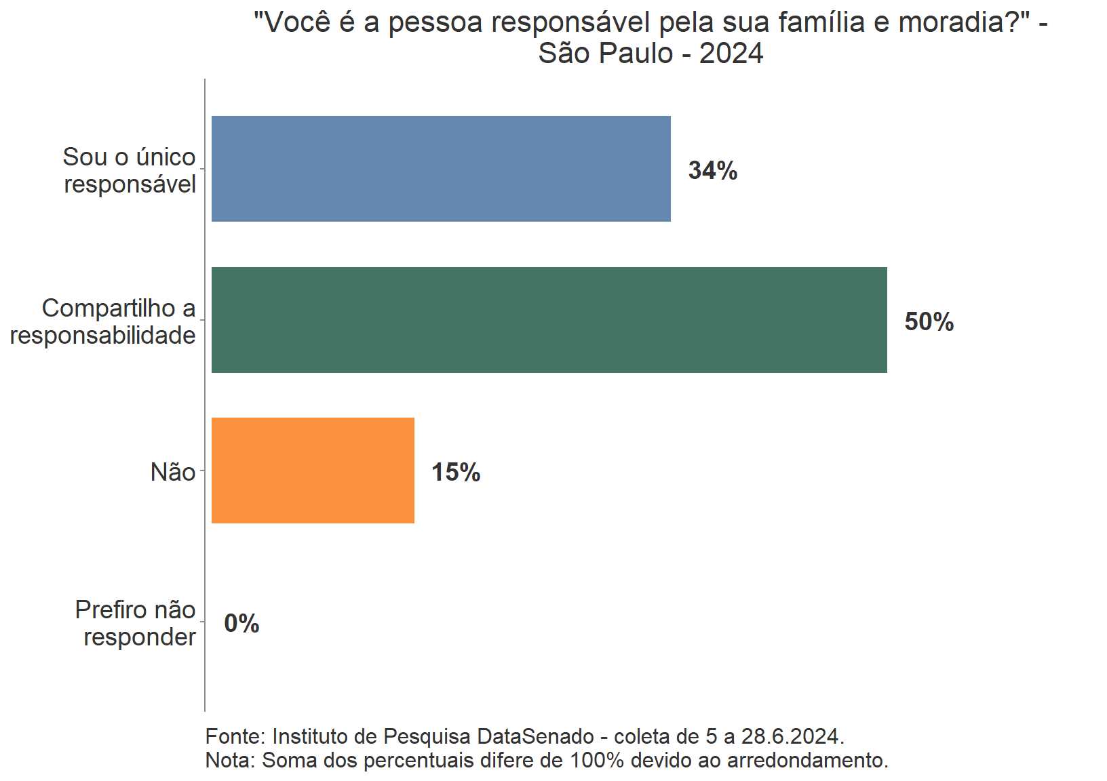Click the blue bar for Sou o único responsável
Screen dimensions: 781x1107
[x=441, y=169]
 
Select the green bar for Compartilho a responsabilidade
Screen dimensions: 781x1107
[x=549, y=320]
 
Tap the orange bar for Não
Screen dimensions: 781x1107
[x=313, y=470]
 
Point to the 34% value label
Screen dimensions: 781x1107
[x=712, y=171]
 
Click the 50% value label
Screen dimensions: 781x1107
[x=929, y=322]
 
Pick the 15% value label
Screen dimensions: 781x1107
[x=456, y=473]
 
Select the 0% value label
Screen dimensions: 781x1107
[x=241, y=624]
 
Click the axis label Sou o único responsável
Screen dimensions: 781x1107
[x=130, y=170]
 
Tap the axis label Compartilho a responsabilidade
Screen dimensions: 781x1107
[x=103, y=321]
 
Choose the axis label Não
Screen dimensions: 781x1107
[x=173, y=472]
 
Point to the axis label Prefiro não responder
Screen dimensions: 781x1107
[x=136, y=623]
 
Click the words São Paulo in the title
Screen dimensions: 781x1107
[x=605, y=54]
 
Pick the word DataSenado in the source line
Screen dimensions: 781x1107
[x=535, y=736]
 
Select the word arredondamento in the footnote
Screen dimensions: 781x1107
[x=807, y=760]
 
